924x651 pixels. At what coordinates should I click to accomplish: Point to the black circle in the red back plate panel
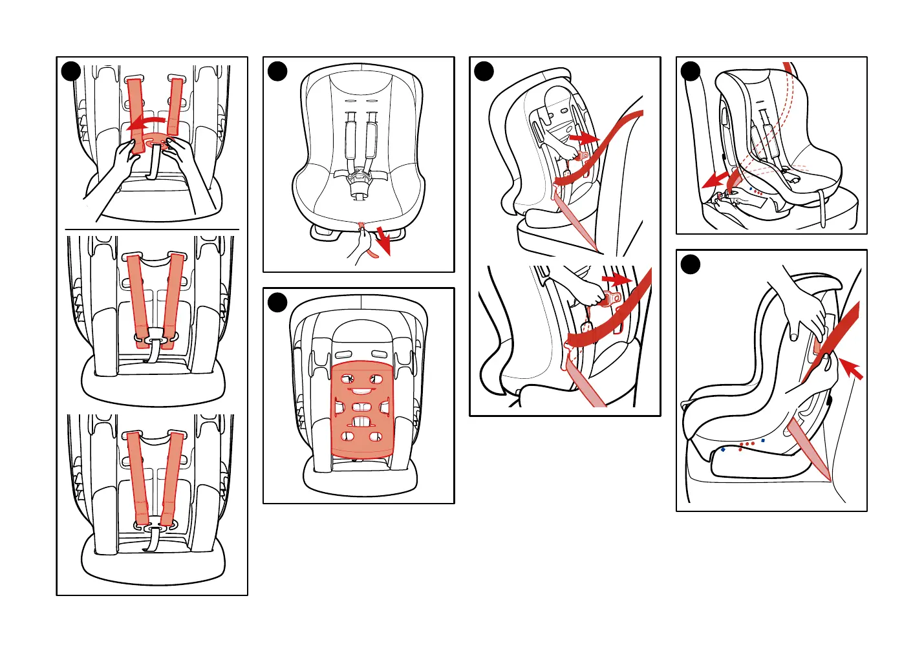coord(277,302)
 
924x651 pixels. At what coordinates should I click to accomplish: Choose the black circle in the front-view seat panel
coord(277,71)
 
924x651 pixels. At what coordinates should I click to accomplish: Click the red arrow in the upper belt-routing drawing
coord(583,138)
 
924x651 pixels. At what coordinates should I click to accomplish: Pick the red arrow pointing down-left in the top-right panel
coord(716,180)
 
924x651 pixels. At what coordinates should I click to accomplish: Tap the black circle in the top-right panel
coord(691,71)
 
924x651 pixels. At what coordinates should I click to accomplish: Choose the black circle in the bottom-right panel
coord(691,264)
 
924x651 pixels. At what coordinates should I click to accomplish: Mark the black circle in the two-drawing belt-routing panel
coord(484,71)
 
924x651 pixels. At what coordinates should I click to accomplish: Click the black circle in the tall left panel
coord(71,71)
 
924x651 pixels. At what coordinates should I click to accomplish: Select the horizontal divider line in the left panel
coord(152,229)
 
